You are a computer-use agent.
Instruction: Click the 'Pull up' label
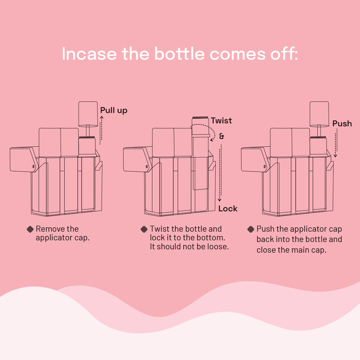(114, 110)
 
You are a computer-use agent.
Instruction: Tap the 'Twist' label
(221, 121)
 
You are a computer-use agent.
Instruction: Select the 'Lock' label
(228, 209)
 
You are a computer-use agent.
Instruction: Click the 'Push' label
(342, 124)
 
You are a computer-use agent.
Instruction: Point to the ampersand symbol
(222, 136)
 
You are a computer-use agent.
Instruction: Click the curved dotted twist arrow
(215, 131)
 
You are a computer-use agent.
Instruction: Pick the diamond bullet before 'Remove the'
(30, 229)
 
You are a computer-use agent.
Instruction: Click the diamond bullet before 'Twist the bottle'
(144, 229)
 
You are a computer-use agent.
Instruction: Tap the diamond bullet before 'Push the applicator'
(251, 229)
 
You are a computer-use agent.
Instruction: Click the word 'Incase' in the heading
(89, 54)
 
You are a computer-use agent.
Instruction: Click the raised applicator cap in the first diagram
(88, 114)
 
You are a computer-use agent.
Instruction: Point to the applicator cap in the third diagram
(319, 114)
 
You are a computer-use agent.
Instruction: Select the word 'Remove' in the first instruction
(47, 229)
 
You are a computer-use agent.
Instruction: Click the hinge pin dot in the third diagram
(264, 166)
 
